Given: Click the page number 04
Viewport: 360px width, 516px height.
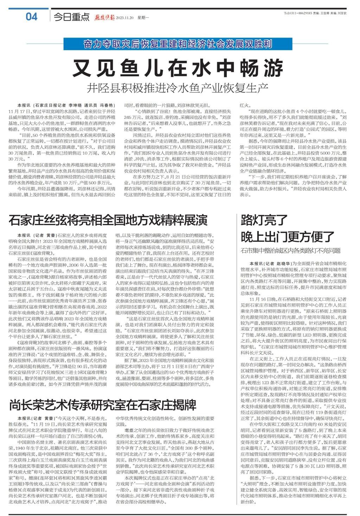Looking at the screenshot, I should (31, 16).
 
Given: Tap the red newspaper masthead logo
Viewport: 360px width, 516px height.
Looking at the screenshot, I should (104, 17).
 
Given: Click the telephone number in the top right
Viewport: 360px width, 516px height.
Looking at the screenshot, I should (298, 13).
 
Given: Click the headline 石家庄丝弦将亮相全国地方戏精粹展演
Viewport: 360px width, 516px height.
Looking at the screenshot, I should (108, 220).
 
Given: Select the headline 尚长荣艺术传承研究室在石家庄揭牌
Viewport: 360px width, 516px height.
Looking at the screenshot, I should (103, 405).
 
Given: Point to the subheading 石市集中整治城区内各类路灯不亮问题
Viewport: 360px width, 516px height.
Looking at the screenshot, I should (290, 250).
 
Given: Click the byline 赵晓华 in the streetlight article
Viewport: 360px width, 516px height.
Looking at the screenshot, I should (283, 263).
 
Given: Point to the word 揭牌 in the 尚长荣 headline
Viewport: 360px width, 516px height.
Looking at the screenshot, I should (183, 405).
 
